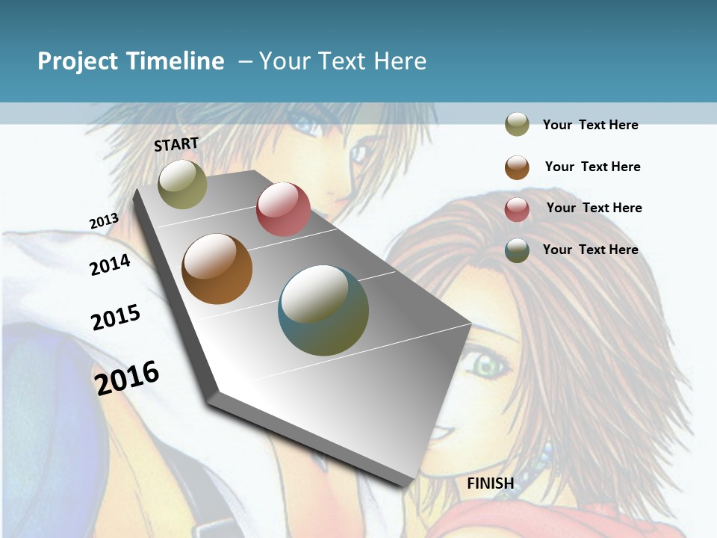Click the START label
(x=176, y=144)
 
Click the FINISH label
(x=491, y=483)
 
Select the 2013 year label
(x=104, y=221)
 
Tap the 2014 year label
(x=110, y=265)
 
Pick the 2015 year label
(x=116, y=318)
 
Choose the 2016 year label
(x=127, y=377)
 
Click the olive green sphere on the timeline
(x=182, y=185)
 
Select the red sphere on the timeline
(x=283, y=209)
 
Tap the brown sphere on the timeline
(x=217, y=269)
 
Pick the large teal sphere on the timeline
(x=323, y=310)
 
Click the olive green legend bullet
(x=517, y=124)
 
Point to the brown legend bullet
(x=517, y=167)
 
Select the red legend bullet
(x=517, y=208)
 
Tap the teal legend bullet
(x=517, y=250)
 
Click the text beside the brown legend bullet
(x=592, y=167)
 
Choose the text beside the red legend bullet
(x=594, y=208)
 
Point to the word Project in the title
(x=78, y=61)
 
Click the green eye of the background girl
(x=486, y=366)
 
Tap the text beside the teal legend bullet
(x=590, y=250)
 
